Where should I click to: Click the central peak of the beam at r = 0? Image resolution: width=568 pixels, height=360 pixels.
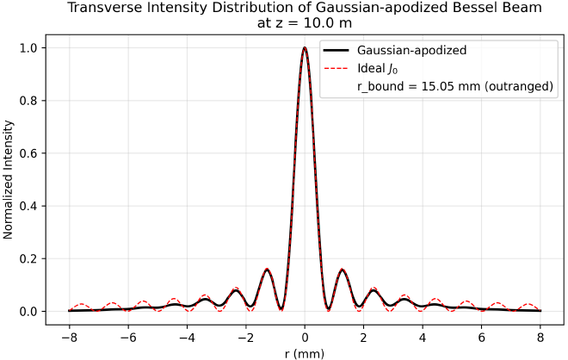(305, 48)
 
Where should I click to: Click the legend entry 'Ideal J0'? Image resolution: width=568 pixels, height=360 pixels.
(375, 68)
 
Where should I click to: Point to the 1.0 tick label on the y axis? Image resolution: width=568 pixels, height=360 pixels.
(28, 47)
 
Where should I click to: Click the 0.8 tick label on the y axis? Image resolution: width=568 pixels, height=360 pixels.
(28, 100)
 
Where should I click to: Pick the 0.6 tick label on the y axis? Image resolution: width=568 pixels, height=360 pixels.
(28, 153)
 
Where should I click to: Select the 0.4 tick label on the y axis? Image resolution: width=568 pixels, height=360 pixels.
(28, 206)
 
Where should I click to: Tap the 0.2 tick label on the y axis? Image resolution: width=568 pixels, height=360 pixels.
(28, 258)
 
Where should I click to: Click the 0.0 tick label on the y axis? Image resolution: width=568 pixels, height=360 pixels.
(28, 311)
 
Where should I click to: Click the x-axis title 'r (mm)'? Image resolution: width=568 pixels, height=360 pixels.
(305, 352)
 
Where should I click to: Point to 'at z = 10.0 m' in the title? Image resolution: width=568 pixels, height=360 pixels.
(305, 23)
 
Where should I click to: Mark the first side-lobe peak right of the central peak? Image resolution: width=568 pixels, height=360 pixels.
(343, 270)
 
